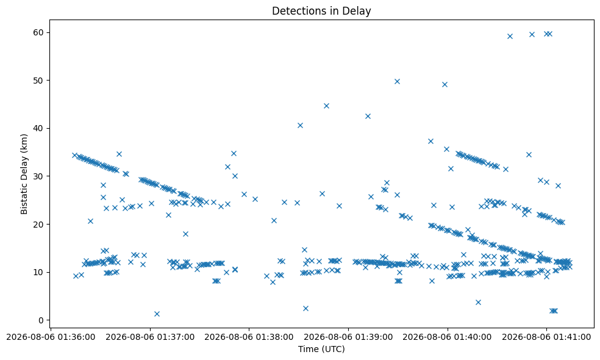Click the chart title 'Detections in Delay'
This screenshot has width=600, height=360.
click(321, 11)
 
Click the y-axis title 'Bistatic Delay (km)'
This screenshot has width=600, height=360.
click(24, 174)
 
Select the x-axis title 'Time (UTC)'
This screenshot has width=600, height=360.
click(321, 349)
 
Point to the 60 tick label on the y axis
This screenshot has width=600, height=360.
click(38, 32)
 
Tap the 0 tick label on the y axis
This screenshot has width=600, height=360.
click(41, 320)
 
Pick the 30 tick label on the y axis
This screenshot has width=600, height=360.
click(38, 176)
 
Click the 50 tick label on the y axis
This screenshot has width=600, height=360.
click(38, 81)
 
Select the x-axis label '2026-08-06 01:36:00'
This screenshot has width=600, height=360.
click(51, 337)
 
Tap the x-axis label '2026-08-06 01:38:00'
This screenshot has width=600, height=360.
click(249, 337)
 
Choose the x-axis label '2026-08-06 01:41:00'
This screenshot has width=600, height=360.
click(546, 337)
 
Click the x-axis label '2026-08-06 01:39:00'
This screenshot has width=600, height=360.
click(348, 337)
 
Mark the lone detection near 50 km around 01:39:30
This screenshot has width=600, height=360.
click(397, 81)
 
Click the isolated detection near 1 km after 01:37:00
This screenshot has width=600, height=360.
click(157, 314)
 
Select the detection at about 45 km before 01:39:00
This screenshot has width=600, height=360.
click(326, 106)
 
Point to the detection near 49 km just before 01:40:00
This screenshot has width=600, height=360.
click(445, 84)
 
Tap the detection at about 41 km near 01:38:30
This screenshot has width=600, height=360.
click(300, 125)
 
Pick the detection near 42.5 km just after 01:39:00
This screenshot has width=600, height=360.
click(368, 116)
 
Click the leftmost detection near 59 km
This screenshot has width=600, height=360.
click(510, 37)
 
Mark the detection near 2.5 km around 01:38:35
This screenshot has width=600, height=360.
click(305, 308)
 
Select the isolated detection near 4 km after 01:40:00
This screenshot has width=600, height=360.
click(478, 302)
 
